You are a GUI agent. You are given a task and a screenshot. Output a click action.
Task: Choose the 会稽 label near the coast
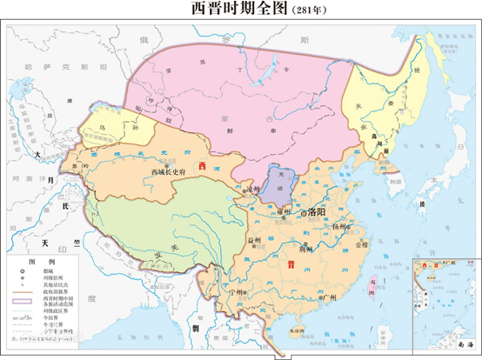362,244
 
